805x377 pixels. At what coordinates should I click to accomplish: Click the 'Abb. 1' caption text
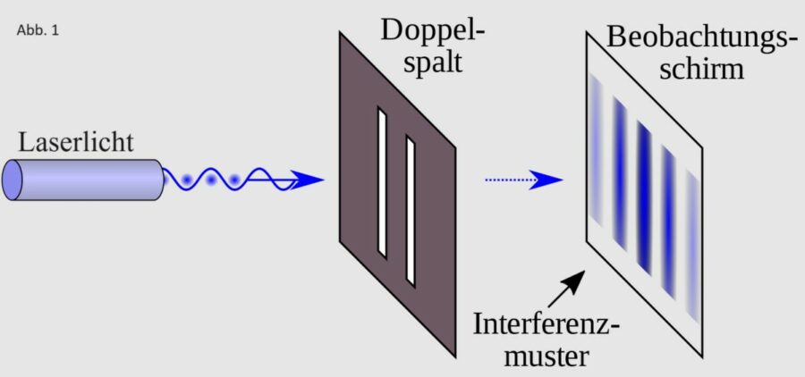pos(37,29)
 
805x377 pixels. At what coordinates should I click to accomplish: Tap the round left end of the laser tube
pos(14,180)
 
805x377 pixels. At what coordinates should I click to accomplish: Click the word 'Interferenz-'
pos(547,323)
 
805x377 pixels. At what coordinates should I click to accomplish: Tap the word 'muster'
pos(547,355)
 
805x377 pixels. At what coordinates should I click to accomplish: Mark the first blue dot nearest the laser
pos(186,180)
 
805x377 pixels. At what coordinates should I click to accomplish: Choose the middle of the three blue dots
pos(211,180)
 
